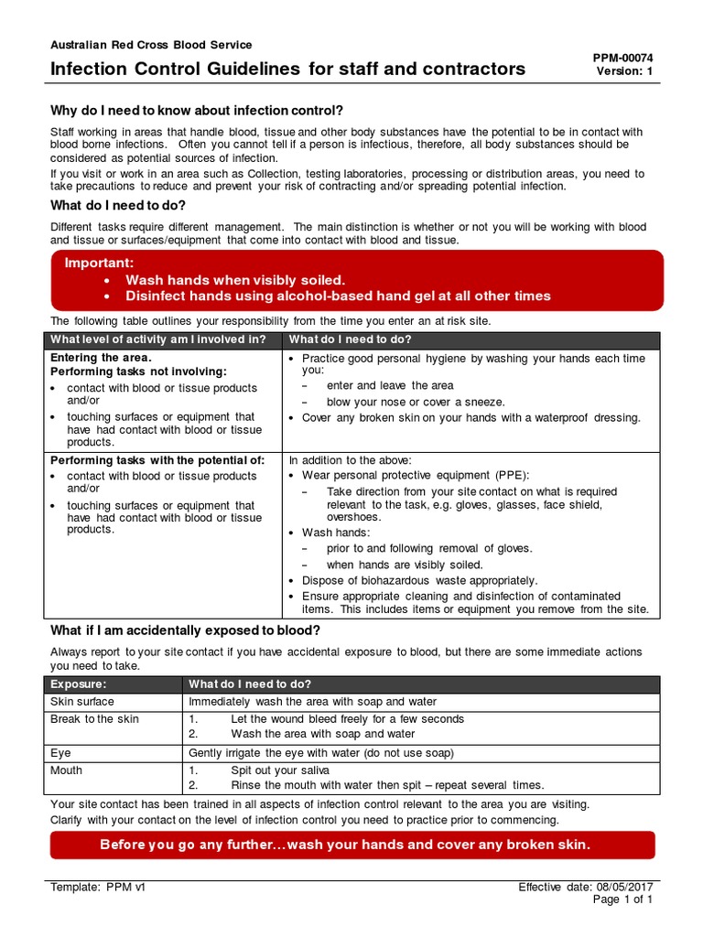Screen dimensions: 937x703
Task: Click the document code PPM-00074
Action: [x=623, y=57]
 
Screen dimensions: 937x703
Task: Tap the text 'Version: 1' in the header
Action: [x=624, y=71]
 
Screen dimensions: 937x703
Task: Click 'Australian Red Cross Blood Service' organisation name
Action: [x=151, y=45]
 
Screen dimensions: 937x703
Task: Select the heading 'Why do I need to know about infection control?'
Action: [x=197, y=111]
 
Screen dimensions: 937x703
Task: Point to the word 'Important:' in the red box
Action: [x=99, y=264]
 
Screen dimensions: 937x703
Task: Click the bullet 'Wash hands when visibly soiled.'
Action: [x=235, y=280]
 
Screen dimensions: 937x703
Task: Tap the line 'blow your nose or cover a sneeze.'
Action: [x=416, y=402]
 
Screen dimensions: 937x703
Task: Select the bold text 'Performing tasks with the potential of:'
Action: [x=157, y=460]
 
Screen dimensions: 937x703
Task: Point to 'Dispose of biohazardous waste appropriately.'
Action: [x=419, y=580]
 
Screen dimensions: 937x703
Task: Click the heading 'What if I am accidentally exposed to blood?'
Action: [x=185, y=630]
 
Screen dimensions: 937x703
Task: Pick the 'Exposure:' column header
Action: [x=79, y=684]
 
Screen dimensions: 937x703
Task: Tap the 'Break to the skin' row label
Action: [x=94, y=719]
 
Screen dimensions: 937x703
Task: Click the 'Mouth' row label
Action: [x=67, y=770]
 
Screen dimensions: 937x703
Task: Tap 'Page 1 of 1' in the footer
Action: [x=622, y=900]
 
